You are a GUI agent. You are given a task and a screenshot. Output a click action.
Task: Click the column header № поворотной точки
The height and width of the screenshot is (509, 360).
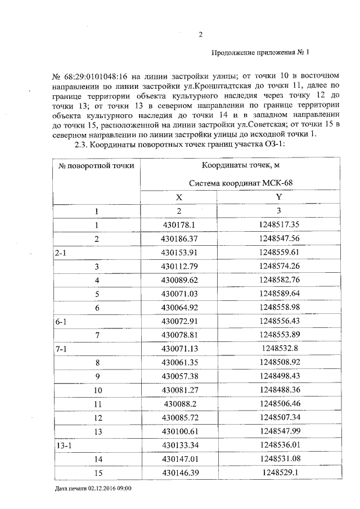click(96, 165)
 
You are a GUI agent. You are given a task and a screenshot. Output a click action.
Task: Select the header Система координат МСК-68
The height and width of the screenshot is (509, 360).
click(241, 183)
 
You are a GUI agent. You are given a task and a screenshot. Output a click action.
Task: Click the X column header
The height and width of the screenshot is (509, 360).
click(179, 197)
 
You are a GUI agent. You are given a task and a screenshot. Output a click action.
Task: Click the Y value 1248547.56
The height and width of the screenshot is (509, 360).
click(279, 238)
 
